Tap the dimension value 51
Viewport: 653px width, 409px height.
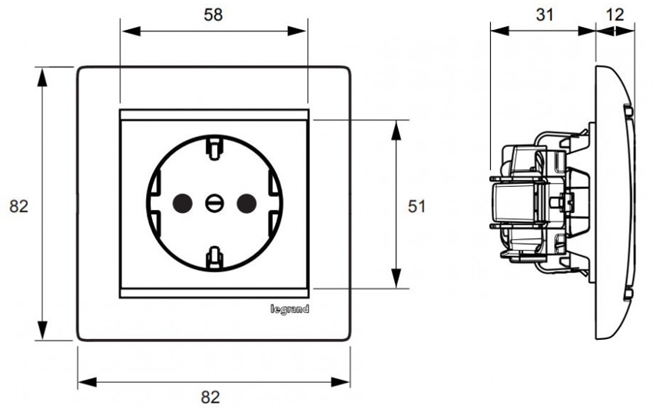pos(416,206)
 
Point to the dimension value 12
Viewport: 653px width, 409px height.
pos(615,15)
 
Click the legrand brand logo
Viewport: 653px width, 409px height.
pos(290,309)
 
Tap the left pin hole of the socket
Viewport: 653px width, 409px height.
pos(183,203)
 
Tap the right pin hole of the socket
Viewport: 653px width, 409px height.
pos(246,203)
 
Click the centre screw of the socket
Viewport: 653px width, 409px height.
pos(214,203)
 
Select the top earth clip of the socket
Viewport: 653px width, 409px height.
pos(214,145)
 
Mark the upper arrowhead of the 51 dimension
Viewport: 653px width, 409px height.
pos(396,128)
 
